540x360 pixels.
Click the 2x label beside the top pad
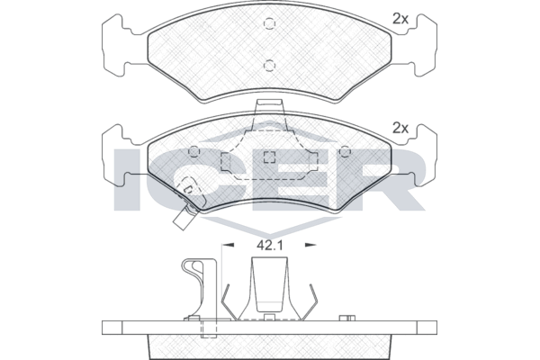[x=400, y=19]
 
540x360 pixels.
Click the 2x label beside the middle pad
[x=400, y=129]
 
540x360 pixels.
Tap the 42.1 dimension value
[x=270, y=246]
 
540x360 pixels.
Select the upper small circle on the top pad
[x=269, y=23]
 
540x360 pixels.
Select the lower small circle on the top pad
[x=269, y=65]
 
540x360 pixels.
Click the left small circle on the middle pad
[x=194, y=151]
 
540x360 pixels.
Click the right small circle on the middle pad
[x=345, y=151]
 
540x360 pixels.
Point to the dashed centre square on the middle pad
[x=269, y=157]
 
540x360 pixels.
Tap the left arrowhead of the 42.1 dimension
[x=229, y=245]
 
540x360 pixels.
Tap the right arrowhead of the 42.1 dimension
[x=310, y=245]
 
